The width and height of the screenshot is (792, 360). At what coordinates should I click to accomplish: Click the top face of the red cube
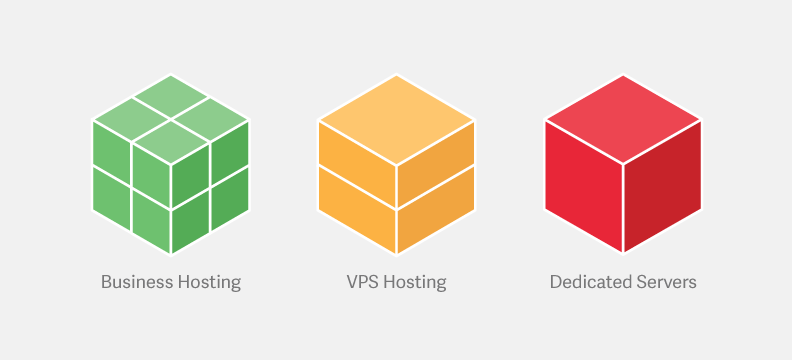tap(623, 120)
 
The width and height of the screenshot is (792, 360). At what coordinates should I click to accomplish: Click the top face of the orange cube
tap(396, 120)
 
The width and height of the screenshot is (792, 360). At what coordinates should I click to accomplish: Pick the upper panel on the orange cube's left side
tap(357, 164)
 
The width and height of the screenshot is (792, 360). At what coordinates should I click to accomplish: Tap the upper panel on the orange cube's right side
tap(435, 164)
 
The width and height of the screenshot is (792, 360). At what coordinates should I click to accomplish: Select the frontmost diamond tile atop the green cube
tap(171, 142)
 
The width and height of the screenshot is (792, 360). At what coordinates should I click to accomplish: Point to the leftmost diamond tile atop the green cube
tap(132, 118)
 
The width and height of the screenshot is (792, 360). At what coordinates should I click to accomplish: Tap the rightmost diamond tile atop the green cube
tap(210, 118)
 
